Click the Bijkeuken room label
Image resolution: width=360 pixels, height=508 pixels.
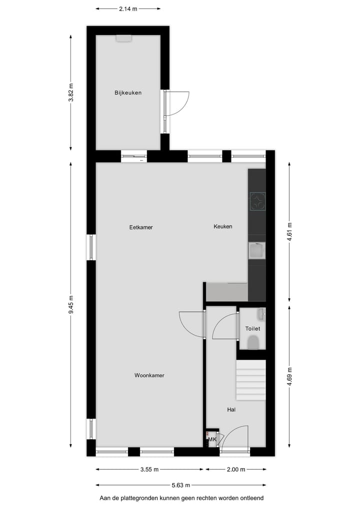[128, 92]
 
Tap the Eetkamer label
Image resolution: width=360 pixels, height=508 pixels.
[140, 227]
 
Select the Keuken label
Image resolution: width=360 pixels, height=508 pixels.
[223, 227]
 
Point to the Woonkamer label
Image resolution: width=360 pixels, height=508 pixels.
[149, 376]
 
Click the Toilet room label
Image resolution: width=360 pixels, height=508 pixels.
[252, 329]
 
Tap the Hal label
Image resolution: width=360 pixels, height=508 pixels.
[231, 410]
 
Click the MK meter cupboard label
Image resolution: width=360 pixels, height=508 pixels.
[212, 440]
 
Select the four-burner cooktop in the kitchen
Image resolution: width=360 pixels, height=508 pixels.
[257, 201]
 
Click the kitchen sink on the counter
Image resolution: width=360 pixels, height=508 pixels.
[257, 251]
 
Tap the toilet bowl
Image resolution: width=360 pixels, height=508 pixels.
[253, 343]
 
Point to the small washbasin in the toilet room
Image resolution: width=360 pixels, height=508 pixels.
[261, 314]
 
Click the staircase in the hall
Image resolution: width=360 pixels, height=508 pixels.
[250, 380]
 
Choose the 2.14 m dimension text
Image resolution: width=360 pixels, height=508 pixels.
[128, 8]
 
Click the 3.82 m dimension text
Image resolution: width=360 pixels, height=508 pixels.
[71, 92]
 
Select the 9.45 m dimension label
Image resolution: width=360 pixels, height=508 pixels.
[71, 304]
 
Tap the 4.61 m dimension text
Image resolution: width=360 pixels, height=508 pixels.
[289, 232]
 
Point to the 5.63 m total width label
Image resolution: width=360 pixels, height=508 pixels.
[181, 485]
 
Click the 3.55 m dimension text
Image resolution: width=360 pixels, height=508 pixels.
[149, 470]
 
